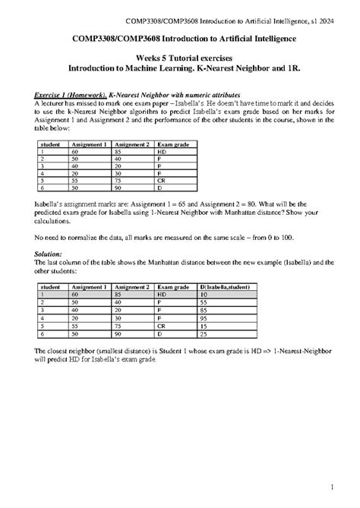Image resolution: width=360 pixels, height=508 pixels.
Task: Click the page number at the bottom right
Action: point(344,486)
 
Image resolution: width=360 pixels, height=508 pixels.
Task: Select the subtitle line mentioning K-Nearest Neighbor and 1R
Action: point(179,68)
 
